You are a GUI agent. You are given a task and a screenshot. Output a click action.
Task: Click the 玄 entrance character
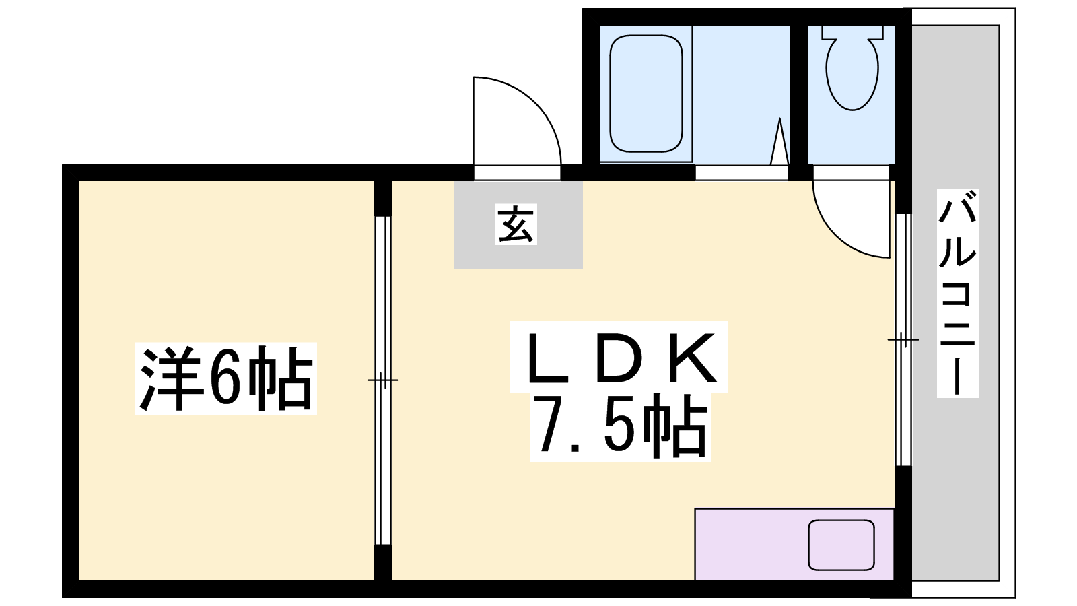[x=516, y=225]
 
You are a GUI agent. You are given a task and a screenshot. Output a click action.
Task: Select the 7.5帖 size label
[x=621, y=426]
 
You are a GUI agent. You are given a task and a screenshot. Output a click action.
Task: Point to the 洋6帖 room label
[x=225, y=378]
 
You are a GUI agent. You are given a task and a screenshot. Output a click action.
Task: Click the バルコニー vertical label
[x=957, y=293]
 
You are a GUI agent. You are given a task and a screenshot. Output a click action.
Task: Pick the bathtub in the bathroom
[x=646, y=93]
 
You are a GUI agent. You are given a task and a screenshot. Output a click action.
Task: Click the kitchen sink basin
[x=841, y=545]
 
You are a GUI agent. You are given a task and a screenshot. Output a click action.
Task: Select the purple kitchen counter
[x=794, y=545]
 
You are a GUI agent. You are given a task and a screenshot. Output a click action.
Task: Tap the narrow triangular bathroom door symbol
[x=779, y=141]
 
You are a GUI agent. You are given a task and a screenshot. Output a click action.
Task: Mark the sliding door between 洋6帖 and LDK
[x=383, y=380]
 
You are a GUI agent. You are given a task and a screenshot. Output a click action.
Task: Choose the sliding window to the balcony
[x=903, y=339]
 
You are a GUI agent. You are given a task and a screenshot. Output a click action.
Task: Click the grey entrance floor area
[x=518, y=225]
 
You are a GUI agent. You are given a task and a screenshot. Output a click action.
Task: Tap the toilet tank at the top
[x=852, y=32]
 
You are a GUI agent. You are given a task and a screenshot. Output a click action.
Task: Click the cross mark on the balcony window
[x=903, y=339]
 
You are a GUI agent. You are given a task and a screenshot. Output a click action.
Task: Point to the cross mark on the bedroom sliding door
[x=383, y=380]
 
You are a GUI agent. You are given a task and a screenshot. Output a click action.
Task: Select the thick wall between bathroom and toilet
[x=798, y=94]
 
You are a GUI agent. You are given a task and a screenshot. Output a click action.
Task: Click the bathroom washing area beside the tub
[x=741, y=94]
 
